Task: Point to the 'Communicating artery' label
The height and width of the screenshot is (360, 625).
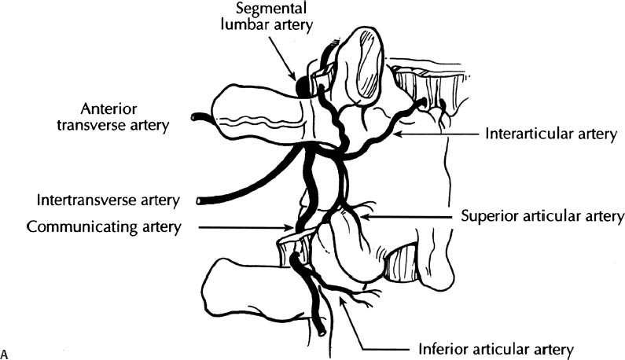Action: point(102,227)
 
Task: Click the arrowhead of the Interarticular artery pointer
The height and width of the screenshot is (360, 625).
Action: point(395,134)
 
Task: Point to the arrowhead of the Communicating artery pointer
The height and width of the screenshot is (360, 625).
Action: point(291,229)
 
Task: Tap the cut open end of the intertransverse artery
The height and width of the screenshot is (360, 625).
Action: point(202,201)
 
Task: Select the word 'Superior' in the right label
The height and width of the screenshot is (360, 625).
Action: point(486,215)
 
